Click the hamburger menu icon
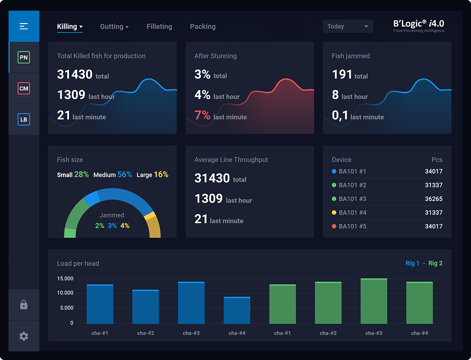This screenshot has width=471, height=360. click(x=24, y=27)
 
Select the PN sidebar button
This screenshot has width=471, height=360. click(x=24, y=57)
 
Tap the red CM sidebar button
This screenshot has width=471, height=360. click(x=24, y=89)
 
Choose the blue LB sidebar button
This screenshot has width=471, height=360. click(x=24, y=120)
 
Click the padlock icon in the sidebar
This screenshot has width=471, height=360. click(x=24, y=305)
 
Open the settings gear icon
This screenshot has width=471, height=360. click(x=24, y=336)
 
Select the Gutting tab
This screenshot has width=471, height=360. click(x=114, y=27)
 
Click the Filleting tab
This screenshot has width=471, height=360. click(x=159, y=27)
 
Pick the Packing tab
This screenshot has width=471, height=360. click(x=203, y=27)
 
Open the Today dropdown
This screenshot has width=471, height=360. click(x=348, y=27)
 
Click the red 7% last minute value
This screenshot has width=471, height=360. click(x=203, y=115)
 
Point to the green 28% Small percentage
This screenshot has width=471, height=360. click(x=81, y=174)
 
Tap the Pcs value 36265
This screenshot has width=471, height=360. click(x=433, y=199)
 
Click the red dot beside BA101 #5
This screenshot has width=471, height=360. click(x=334, y=226)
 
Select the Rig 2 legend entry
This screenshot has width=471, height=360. click(x=435, y=263)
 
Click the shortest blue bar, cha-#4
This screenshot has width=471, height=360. click(x=237, y=310)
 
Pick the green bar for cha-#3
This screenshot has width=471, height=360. click(x=373, y=301)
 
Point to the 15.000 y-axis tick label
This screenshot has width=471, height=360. click(x=65, y=279)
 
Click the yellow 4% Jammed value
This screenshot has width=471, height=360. click(x=125, y=225)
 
